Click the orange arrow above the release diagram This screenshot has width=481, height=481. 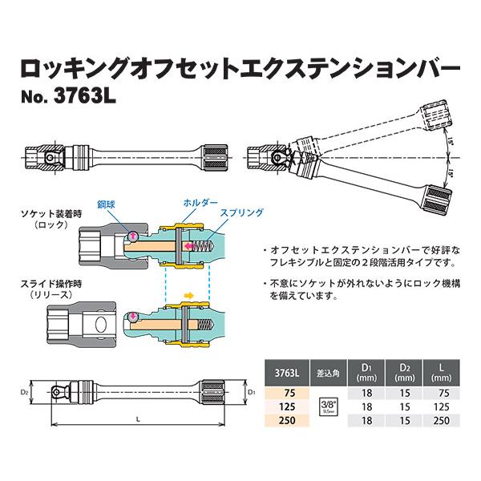[x=189, y=294]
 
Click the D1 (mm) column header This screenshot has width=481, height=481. [x=368, y=371]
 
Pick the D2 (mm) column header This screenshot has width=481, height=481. [x=403, y=371]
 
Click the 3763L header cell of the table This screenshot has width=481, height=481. [x=286, y=371]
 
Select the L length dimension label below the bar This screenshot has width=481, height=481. [x=138, y=418]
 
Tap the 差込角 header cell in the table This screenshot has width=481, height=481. [x=329, y=371]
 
